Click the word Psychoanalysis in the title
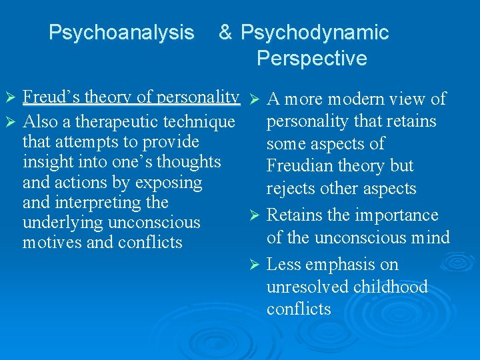[121, 32]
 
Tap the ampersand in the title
[226, 32]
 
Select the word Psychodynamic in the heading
[315, 32]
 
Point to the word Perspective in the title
[311, 59]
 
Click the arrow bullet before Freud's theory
[9, 98]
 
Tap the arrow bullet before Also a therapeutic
[9, 123]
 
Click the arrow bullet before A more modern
[253, 100]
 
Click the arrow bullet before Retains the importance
[253, 216]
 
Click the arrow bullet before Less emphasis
[253, 265]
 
